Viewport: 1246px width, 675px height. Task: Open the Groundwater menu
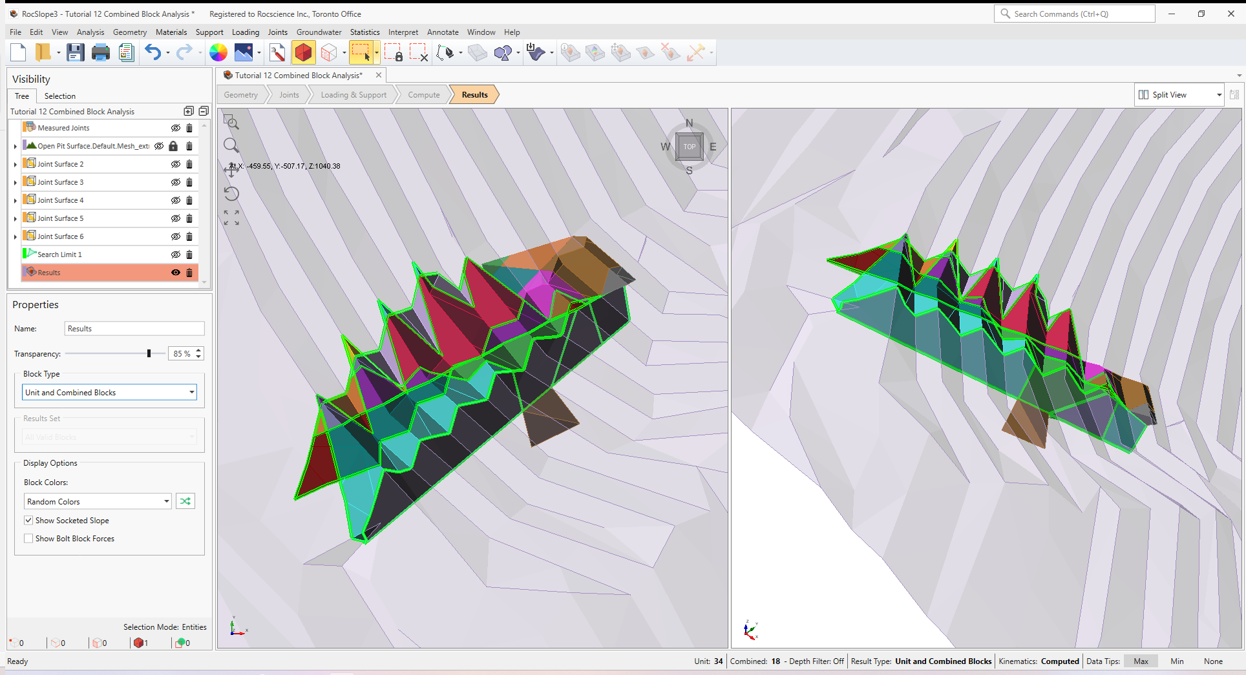319,32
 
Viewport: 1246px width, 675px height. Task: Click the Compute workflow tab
423,95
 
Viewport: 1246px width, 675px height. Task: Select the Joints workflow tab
289,95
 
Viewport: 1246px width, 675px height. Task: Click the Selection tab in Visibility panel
59,96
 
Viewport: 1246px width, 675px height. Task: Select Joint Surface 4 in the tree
61,200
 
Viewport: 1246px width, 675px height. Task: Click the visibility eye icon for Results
175,273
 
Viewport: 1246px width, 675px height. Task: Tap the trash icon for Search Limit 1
189,254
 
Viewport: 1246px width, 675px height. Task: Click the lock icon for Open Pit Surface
173,146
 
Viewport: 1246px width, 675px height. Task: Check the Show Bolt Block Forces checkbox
28,539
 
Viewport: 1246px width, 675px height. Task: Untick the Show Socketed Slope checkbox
28,521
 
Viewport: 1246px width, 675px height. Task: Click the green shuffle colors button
185,501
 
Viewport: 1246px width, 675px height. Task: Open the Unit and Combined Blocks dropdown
110,393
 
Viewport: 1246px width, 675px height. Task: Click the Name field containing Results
134,329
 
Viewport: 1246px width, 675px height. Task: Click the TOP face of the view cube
690,147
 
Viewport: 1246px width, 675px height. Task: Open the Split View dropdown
1179,95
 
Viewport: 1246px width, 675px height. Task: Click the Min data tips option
1177,661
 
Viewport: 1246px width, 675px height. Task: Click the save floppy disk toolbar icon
76,53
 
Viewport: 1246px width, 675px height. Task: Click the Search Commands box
1075,14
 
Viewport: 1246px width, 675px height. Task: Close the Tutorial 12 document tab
379,76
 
